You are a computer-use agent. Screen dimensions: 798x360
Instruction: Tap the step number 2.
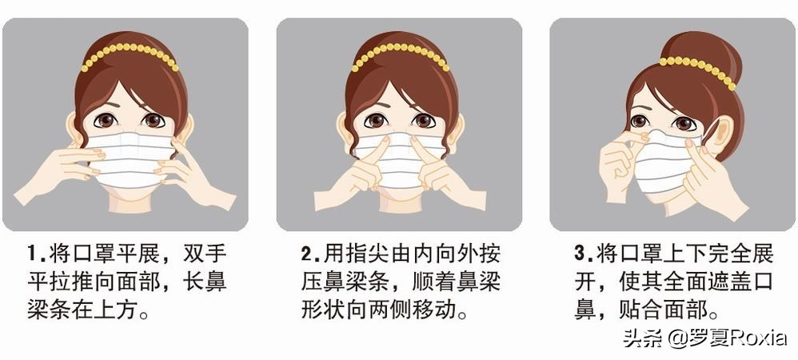(x=306, y=253)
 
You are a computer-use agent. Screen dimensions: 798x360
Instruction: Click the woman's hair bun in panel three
(x=701, y=53)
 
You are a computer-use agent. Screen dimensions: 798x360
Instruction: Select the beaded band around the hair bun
(x=698, y=70)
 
